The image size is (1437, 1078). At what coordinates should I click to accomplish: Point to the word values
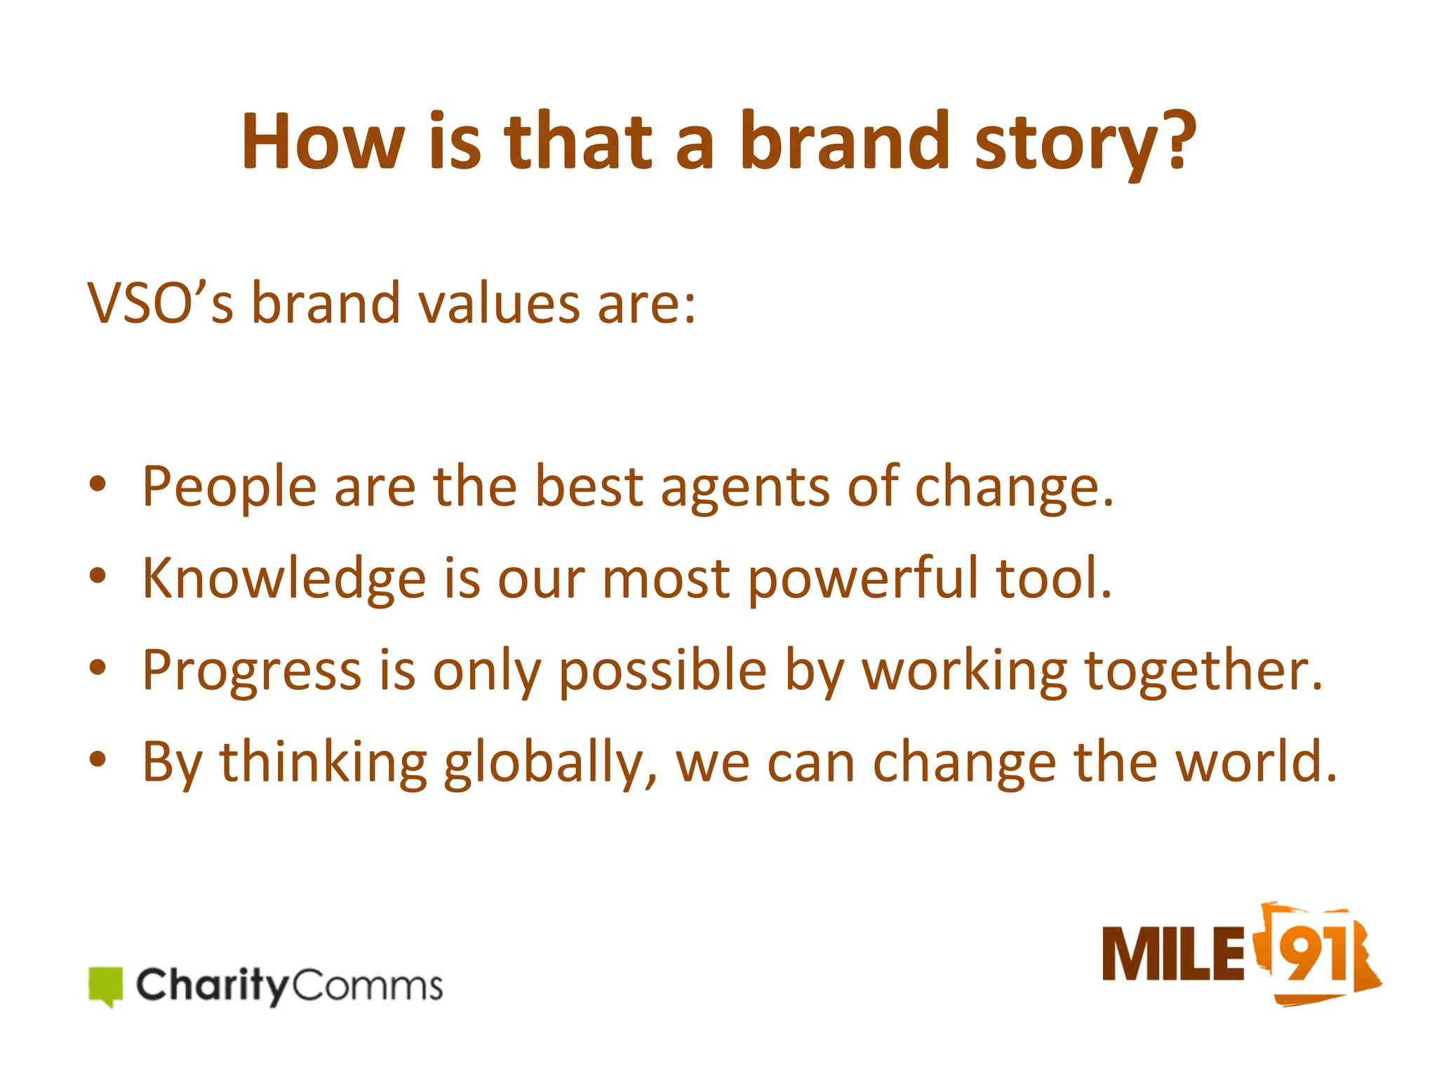point(499,304)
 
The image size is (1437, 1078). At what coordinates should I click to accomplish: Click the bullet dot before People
point(98,484)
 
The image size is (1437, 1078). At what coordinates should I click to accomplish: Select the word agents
point(744,487)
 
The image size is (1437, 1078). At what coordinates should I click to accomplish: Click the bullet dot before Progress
point(98,668)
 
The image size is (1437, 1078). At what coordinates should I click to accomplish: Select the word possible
point(662,671)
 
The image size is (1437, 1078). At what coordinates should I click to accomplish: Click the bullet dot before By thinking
point(98,760)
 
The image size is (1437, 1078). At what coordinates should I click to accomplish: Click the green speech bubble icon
point(106,985)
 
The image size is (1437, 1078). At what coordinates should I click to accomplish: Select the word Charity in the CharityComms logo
point(211,985)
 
